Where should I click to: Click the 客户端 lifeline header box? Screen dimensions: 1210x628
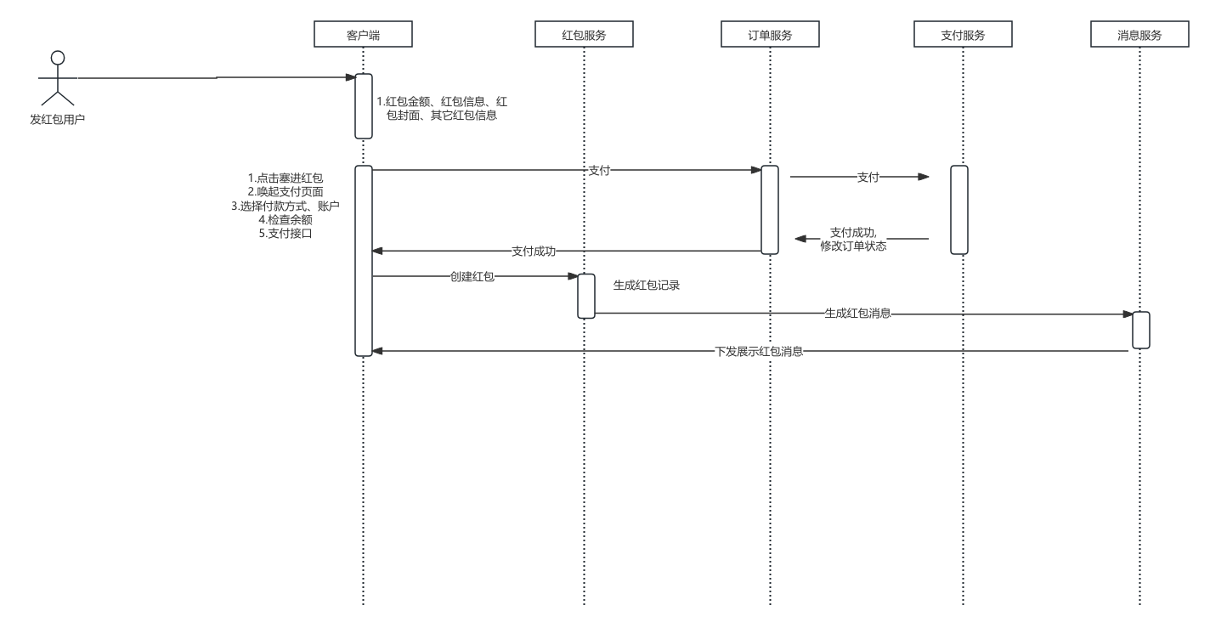pyautogui.click(x=363, y=35)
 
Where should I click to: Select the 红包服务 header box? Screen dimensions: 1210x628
pyautogui.click(x=584, y=35)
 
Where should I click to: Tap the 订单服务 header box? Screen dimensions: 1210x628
pyautogui.click(x=770, y=35)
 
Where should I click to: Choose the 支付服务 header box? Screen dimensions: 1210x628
pyautogui.click(x=963, y=35)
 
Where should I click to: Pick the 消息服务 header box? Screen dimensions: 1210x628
pyautogui.click(x=1139, y=35)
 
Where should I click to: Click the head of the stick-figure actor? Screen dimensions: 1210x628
pyautogui.click(x=58, y=58)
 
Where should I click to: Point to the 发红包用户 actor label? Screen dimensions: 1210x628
pyautogui.click(x=58, y=120)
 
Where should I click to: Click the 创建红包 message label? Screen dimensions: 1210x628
pyautogui.click(x=472, y=276)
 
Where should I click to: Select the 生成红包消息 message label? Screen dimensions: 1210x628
pyautogui.click(x=857, y=313)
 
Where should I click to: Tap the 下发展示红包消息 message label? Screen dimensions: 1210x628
pyautogui.click(x=759, y=351)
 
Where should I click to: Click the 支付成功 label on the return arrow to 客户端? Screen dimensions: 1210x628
pyautogui.click(x=534, y=252)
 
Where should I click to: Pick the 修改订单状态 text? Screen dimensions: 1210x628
pyautogui.click(x=853, y=246)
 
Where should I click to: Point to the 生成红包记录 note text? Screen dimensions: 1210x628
pyautogui.click(x=647, y=286)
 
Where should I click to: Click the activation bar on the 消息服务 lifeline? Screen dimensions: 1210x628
pyautogui.click(x=1140, y=330)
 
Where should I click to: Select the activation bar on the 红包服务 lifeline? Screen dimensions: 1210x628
pyautogui.click(x=586, y=296)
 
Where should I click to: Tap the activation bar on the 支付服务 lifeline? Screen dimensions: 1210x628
pyautogui.click(x=959, y=209)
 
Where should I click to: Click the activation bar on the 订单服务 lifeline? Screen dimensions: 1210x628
pyautogui.click(x=770, y=209)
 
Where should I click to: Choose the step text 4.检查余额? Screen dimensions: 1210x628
pyautogui.click(x=285, y=219)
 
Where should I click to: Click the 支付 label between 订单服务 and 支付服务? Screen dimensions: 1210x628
pyautogui.click(x=868, y=178)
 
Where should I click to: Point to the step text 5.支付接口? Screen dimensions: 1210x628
pyautogui.click(x=285, y=233)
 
